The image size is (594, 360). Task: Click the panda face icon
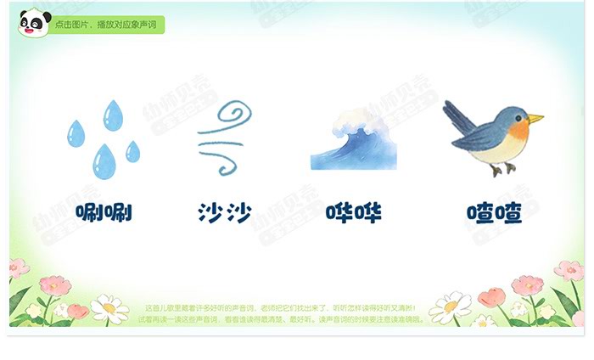[x=34, y=23]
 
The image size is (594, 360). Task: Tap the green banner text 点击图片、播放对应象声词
[x=107, y=25]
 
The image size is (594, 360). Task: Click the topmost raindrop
[x=113, y=115]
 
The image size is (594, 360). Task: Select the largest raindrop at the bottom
[x=104, y=160]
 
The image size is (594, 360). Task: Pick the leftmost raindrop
[x=76, y=134]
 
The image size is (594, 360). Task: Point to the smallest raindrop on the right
[x=133, y=152]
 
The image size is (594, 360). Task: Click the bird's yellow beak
[x=535, y=118]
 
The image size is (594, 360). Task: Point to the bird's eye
[x=520, y=116]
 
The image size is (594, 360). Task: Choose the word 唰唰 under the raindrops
[x=104, y=212]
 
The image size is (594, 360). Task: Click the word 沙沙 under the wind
[x=224, y=212]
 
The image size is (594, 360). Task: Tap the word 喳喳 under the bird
[x=493, y=212]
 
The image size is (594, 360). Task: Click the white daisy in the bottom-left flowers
[x=109, y=307]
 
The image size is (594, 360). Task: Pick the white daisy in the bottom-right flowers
[x=451, y=306]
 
